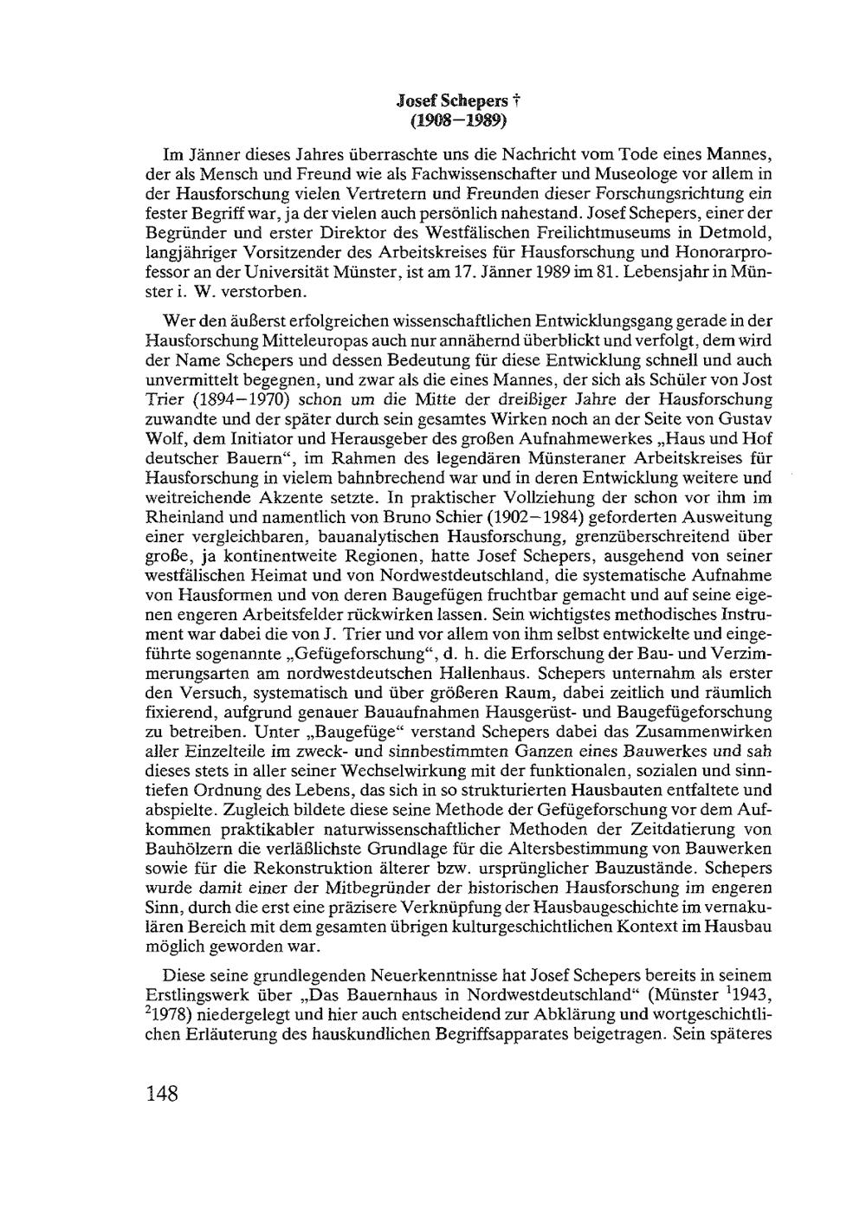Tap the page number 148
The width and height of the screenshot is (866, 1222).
pyautogui.click(x=161, y=1094)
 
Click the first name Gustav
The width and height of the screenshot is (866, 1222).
pyautogui.click(x=747, y=417)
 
